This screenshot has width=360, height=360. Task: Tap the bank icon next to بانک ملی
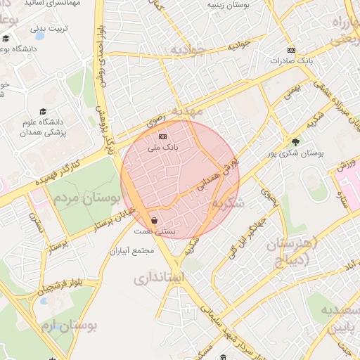click(x=163, y=136)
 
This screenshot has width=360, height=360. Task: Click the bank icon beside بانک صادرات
click(x=292, y=50)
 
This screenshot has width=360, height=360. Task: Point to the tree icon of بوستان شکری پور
click(x=295, y=142)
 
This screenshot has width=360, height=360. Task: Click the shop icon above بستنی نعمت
click(x=154, y=220)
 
